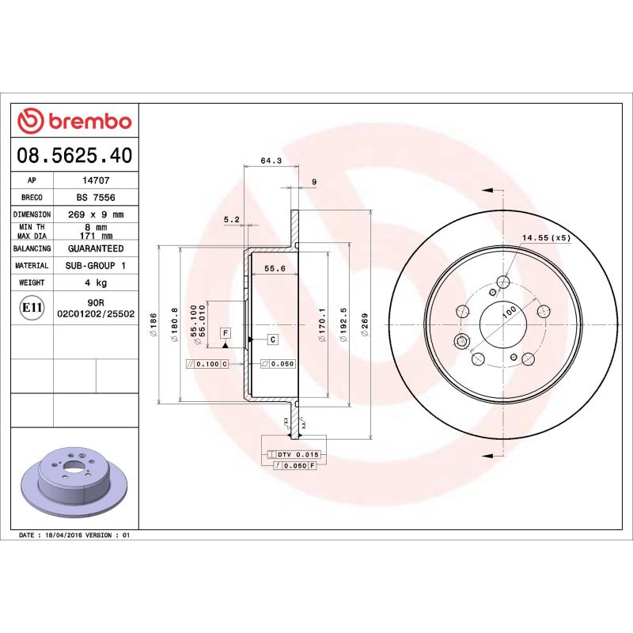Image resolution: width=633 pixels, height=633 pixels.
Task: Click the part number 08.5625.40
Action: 74,156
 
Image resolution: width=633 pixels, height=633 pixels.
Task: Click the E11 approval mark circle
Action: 32,308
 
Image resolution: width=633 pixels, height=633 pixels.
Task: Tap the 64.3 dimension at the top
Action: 271,161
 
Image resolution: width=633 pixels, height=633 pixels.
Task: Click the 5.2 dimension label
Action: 231,219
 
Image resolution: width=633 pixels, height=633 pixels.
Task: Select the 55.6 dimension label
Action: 275,269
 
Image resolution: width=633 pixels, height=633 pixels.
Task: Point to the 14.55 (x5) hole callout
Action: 545,237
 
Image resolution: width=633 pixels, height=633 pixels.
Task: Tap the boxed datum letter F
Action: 226,332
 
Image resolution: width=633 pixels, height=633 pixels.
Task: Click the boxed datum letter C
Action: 272,339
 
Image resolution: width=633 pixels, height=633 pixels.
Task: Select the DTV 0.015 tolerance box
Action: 294,455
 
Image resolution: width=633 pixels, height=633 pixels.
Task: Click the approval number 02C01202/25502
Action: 97,313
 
